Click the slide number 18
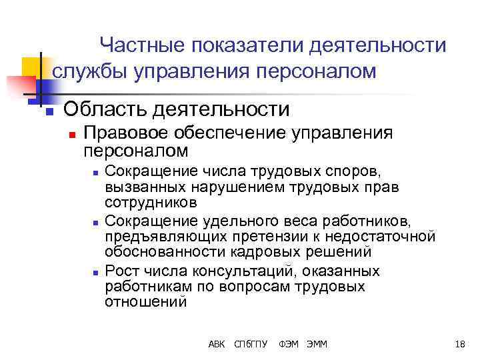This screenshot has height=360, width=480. tap(459, 344)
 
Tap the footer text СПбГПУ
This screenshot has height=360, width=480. tap(251, 344)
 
